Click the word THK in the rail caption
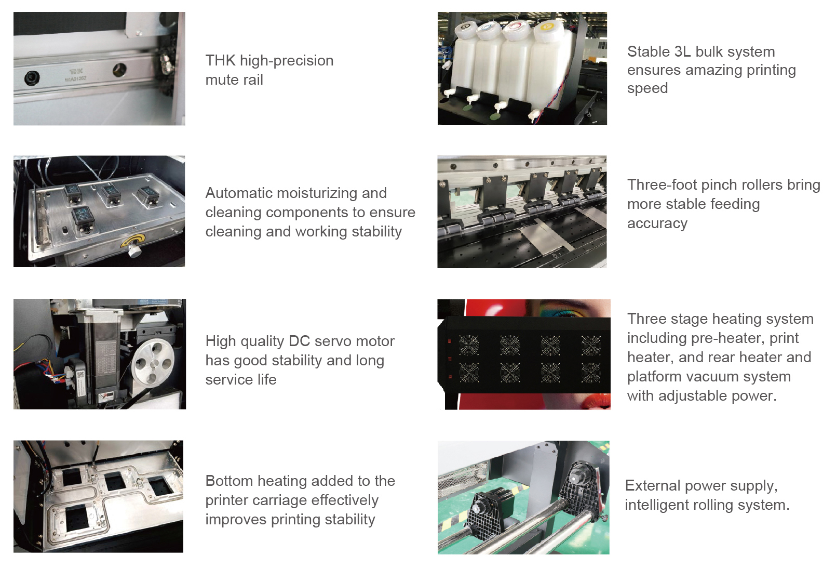(x=221, y=61)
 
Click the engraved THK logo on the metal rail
(x=76, y=72)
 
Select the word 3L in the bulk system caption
(x=683, y=52)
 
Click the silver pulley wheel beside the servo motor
(x=153, y=363)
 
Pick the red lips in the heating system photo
(x=599, y=401)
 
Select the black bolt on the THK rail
(x=32, y=78)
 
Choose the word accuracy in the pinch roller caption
(x=657, y=223)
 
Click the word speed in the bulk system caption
(x=647, y=88)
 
